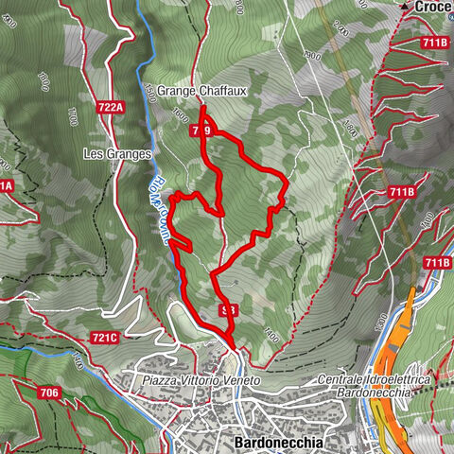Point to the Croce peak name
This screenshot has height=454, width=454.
[x=433, y=7]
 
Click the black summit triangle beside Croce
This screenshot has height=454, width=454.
[x=404, y=7]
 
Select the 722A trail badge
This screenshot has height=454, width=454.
[x=111, y=108]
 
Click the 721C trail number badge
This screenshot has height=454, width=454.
[x=104, y=338]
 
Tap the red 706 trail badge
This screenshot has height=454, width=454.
[x=50, y=392]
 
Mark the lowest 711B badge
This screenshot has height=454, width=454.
[x=437, y=262]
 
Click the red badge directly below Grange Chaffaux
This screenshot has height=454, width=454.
[x=201, y=131]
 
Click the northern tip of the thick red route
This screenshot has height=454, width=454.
[x=201, y=107]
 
